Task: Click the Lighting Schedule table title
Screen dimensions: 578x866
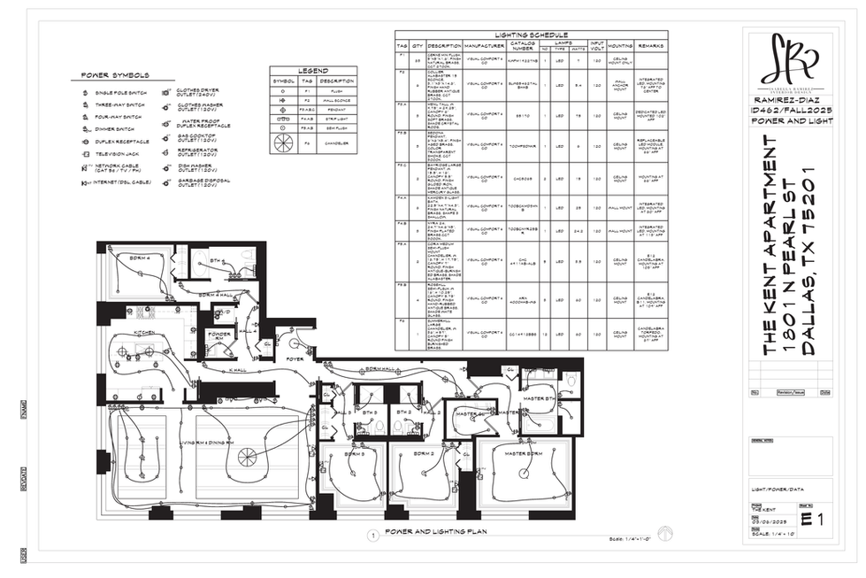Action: (531, 35)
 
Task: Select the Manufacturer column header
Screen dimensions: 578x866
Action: (483, 45)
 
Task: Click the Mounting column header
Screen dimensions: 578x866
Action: (620, 45)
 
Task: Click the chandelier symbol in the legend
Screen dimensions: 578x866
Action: (282, 142)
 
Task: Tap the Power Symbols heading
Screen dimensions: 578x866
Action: (115, 75)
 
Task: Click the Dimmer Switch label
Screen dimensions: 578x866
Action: (113, 129)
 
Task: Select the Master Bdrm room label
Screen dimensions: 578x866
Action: (522, 454)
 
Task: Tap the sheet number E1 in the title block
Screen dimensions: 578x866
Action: (812, 520)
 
